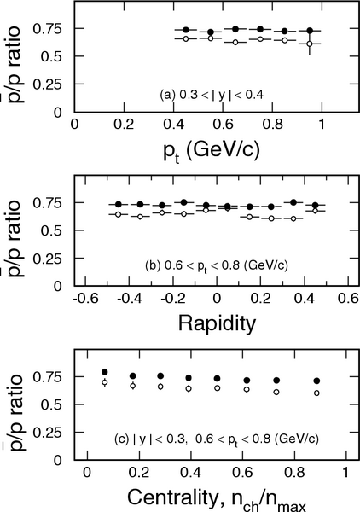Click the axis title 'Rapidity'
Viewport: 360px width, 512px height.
[217, 324]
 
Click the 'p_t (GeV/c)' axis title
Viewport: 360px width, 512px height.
[212, 152]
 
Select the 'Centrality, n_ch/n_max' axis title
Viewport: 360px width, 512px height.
[217, 499]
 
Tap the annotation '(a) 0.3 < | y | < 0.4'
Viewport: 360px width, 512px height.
[212, 95]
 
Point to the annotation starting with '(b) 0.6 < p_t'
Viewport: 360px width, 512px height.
[217, 265]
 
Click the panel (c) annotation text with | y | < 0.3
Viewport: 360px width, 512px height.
[217, 439]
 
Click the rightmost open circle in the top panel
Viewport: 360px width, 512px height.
[310, 44]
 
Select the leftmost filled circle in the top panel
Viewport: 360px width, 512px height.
[186, 30]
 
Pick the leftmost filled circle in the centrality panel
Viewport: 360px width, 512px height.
[105, 372]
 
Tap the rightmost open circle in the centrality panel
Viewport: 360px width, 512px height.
[316, 393]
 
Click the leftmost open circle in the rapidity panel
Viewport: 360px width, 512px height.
[119, 214]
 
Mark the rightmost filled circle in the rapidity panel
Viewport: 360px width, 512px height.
[316, 205]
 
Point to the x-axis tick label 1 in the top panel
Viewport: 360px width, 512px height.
[322, 125]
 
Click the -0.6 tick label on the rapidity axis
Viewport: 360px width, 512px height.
[85, 298]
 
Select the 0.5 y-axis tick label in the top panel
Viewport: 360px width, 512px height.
[51, 56]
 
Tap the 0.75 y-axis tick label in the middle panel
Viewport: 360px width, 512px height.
[47, 203]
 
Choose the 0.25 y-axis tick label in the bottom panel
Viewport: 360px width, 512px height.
[47, 433]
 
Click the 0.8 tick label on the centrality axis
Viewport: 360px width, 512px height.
[294, 473]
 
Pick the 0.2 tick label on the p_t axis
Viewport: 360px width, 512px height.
[124, 125]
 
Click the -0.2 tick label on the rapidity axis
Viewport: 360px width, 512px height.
[173, 298]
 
